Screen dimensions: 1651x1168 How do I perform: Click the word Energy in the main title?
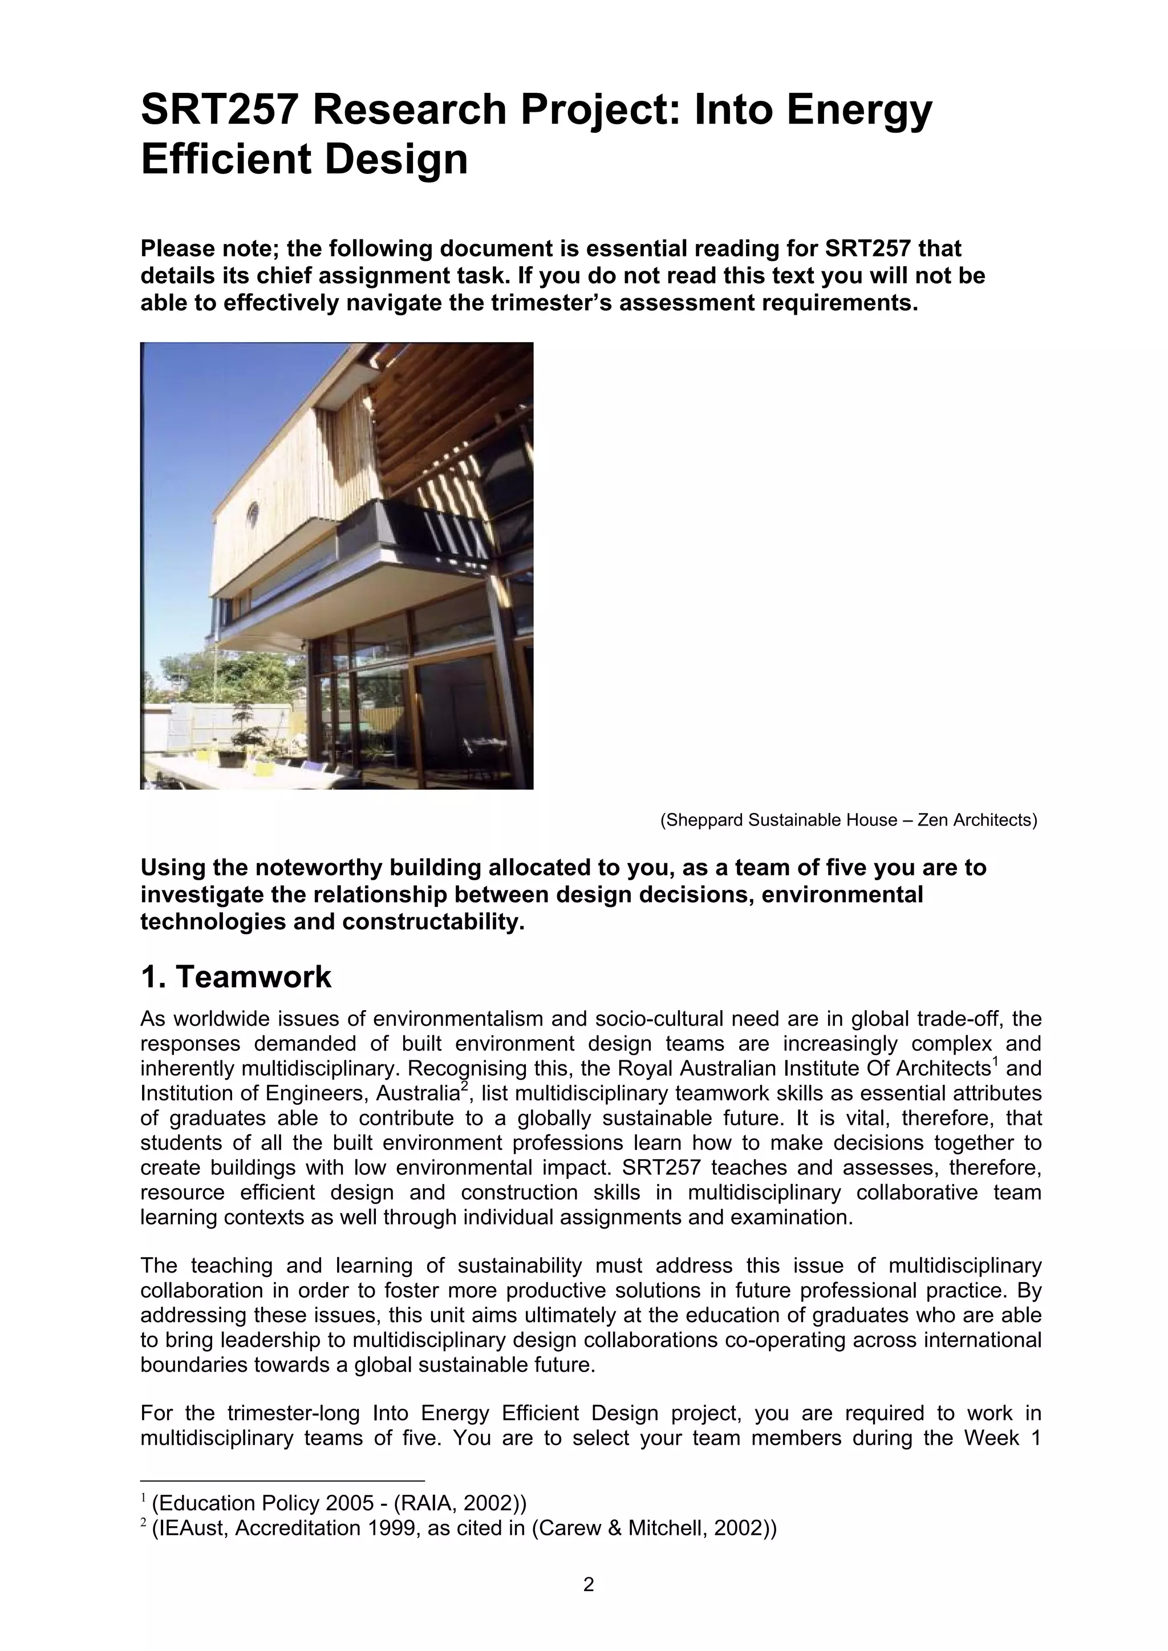859,110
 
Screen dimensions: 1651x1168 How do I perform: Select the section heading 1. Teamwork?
236,977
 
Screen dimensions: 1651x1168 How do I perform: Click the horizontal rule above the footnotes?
283,1481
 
